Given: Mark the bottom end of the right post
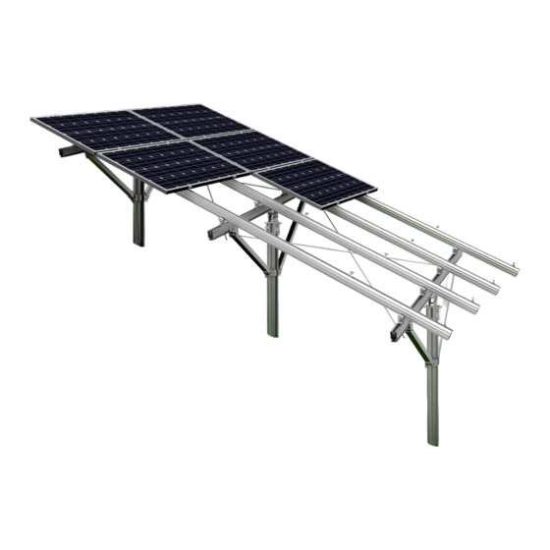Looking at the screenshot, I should click(x=433, y=441).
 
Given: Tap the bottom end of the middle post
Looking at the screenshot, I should click(x=272, y=334).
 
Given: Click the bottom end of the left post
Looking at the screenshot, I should click(x=138, y=243).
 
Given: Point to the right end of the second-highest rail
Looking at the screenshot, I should click(x=496, y=289).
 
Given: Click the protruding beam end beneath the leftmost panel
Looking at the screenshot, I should click(x=65, y=152).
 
